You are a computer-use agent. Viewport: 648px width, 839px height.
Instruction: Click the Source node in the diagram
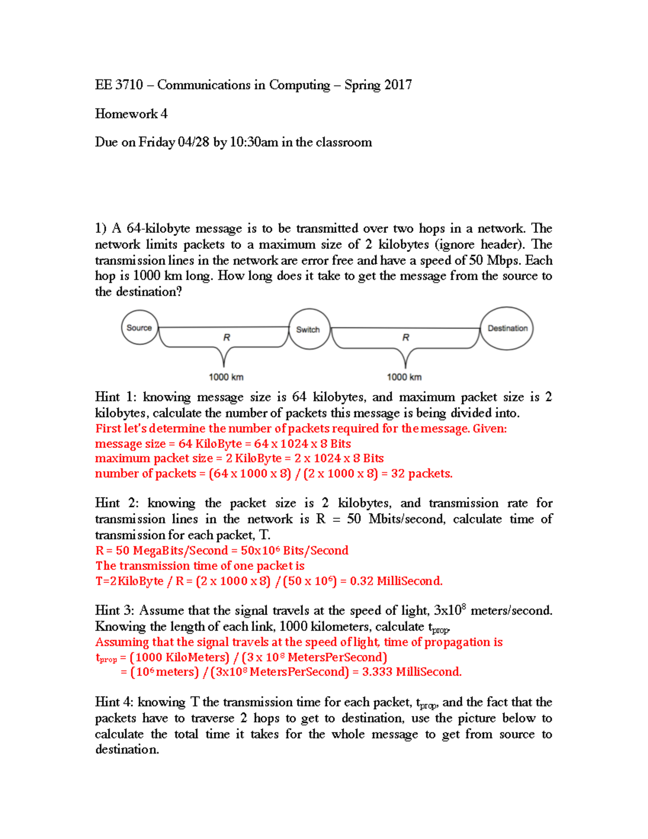[139, 327]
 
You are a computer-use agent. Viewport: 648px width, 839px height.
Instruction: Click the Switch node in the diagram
[308, 329]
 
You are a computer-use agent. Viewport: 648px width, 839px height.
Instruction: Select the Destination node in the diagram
[507, 328]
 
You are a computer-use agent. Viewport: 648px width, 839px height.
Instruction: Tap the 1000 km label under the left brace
[226, 377]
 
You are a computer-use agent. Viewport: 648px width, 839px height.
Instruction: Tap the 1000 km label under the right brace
[404, 377]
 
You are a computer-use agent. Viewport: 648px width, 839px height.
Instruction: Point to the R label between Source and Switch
[227, 338]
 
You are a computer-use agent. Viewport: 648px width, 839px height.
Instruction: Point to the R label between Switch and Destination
[406, 338]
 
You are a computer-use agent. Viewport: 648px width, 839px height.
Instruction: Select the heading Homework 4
[131, 114]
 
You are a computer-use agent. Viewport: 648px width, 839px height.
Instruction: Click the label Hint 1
[116, 397]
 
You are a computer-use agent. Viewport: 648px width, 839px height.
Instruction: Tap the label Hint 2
[116, 504]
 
